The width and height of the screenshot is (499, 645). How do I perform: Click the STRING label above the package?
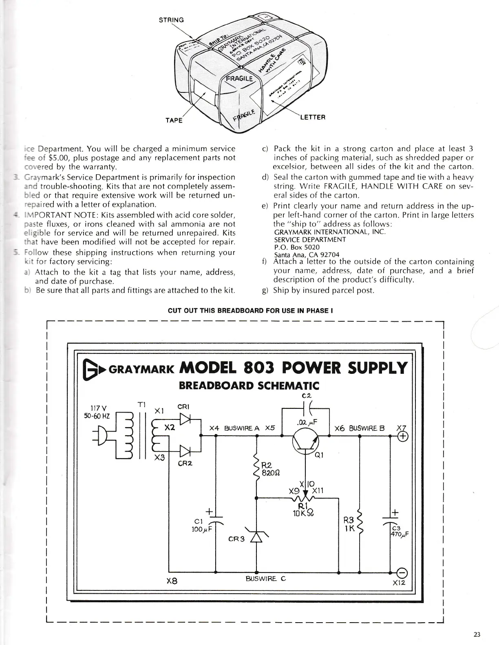pyautogui.click(x=171, y=20)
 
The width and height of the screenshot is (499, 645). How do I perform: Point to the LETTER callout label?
pyautogui.click(x=313, y=117)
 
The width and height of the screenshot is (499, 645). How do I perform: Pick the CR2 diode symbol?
pyautogui.click(x=186, y=451)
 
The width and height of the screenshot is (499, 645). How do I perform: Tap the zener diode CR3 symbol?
pyautogui.click(x=256, y=538)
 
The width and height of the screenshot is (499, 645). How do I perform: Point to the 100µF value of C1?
pyautogui.click(x=200, y=530)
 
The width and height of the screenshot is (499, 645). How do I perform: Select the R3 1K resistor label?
pyautogui.click(x=350, y=524)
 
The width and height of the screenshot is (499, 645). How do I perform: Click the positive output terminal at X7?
pyautogui.click(x=404, y=437)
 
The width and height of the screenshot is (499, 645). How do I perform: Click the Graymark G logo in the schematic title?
pyautogui.click(x=91, y=369)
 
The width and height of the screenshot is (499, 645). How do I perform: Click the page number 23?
pyautogui.click(x=477, y=634)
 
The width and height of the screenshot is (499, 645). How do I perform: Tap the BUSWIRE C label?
pyautogui.click(x=266, y=579)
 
